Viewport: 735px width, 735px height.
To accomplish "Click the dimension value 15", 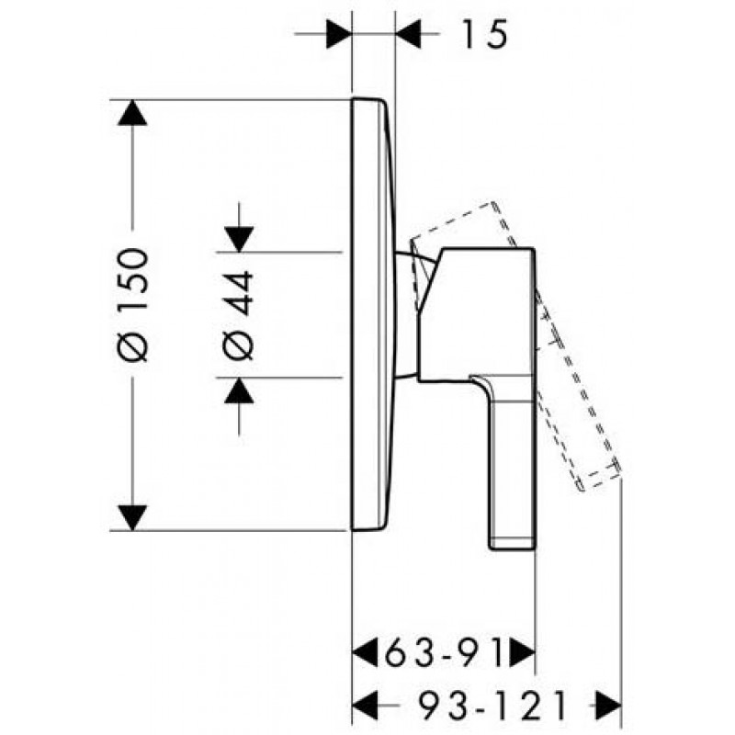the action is click(485, 34).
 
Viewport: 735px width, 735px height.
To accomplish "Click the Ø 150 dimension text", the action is click(132, 305).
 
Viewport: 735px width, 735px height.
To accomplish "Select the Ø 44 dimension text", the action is click(238, 315).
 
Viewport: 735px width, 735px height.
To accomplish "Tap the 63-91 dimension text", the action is click(443, 651).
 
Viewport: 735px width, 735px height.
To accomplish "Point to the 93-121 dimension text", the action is click(493, 705).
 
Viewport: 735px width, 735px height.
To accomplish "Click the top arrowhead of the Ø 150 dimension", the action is click(132, 112).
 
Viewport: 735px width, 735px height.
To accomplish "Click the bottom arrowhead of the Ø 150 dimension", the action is click(132, 518).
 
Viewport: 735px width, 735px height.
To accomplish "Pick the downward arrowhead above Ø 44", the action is click(239, 239).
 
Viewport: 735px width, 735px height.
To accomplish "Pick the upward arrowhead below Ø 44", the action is click(239, 390).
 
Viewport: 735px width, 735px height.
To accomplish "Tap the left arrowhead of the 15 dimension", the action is click(339, 34).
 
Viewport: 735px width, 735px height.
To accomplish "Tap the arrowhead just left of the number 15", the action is click(408, 34).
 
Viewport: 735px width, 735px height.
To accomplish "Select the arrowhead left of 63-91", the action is click(365, 651).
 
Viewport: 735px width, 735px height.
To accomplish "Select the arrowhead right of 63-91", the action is click(522, 651).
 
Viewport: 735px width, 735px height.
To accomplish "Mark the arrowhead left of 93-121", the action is click(365, 705).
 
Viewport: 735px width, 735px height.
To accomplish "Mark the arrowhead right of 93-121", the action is click(608, 705).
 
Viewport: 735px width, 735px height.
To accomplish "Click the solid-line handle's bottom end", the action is click(512, 548).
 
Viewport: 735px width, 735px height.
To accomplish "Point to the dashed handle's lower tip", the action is click(582, 490).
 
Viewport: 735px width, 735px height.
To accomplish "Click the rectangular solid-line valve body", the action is click(476, 314).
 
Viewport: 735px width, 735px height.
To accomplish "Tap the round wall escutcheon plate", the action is click(374, 314).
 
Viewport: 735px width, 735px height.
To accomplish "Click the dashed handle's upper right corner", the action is click(492, 202).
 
